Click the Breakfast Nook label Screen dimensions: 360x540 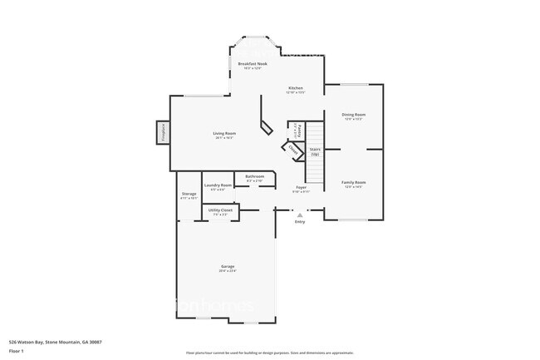tap(252, 64)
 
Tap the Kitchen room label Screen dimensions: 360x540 tap(296, 88)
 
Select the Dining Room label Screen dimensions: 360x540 tap(354, 115)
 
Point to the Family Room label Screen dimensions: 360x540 tap(354, 182)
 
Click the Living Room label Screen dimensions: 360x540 tap(223, 134)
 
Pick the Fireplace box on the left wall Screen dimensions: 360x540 tap(162, 133)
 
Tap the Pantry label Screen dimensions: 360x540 tap(298, 130)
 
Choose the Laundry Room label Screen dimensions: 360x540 tap(218, 185)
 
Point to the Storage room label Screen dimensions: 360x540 tap(189, 195)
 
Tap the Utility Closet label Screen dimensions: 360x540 tap(220, 211)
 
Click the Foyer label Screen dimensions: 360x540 tap(301, 188)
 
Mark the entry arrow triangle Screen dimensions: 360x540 tap(300, 214)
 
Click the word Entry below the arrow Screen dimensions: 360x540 tap(300, 222)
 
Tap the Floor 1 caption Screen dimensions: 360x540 tap(16, 351)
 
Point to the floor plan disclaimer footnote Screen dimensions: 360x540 tap(269, 353)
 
